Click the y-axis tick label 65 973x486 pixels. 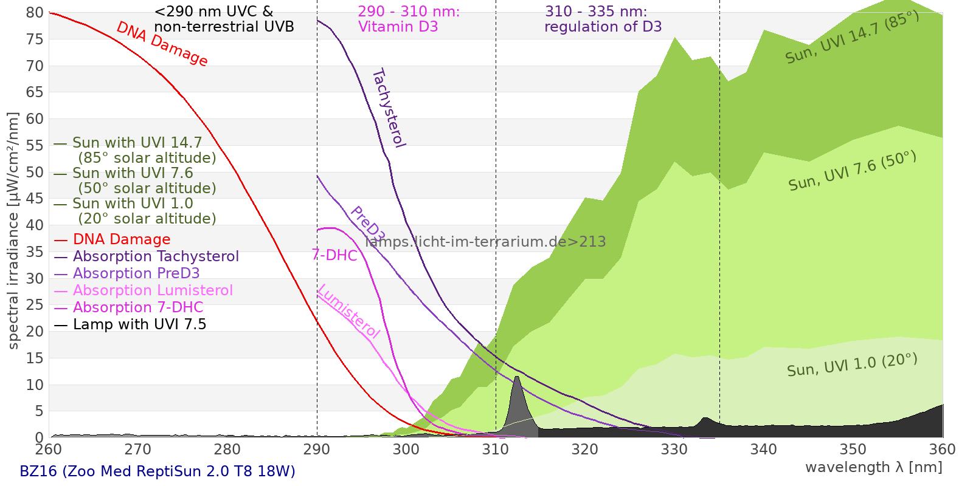pyautogui.click(x=35, y=92)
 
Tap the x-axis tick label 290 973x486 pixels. pyautogui.click(x=317, y=450)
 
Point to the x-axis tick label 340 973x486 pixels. pyautogui.click(x=764, y=450)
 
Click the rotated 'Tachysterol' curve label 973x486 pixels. pyautogui.click(x=389, y=108)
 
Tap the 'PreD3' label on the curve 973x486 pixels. pyautogui.click(x=367, y=224)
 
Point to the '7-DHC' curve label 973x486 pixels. pyautogui.click(x=334, y=255)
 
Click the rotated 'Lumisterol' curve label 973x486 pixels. pyautogui.click(x=348, y=312)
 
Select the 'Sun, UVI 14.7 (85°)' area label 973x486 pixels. pyautogui.click(x=852, y=38)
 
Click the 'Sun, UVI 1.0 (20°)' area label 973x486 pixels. pyautogui.click(x=852, y=365)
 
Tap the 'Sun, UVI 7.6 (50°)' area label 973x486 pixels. pyautogui.click(x=852, y=171)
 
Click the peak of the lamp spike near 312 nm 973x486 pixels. pyautogui.click(x=517, y=377)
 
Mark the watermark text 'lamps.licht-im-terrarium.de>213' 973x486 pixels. pyautogui.click(x=485, y=242)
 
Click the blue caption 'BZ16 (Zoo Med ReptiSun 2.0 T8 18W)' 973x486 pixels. pyautogui.click(x=158, y=471)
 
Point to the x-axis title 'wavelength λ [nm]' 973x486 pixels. pyautogui.click(x=873, y=467)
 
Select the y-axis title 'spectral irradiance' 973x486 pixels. pyautogui.click(x=13, y=231)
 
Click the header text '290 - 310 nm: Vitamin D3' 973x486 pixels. pyautogui.click(x=409, y=19)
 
